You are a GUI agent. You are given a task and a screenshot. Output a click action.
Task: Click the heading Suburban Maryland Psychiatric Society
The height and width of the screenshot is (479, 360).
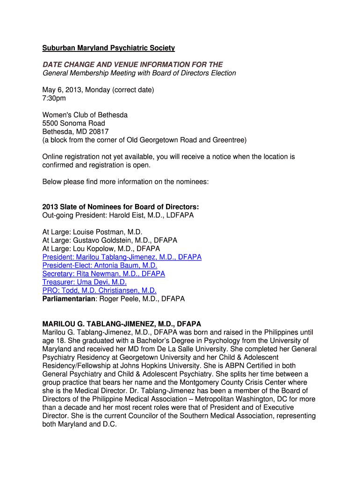click(108, 48)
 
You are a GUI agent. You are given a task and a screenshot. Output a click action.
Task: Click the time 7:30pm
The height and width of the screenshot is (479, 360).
click(54, 98)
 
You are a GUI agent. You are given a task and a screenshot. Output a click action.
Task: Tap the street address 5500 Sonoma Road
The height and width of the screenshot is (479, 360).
click(74, 123)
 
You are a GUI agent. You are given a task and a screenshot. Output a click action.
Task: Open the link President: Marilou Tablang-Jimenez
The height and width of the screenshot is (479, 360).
click(122, 257)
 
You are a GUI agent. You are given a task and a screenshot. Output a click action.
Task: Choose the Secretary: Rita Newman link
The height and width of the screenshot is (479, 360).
click(103, 274)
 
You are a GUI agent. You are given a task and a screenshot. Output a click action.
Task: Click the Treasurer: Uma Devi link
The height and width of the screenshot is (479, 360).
click(84, 282)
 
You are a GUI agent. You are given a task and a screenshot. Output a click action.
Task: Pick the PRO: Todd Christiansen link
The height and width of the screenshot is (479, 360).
click(99, 290)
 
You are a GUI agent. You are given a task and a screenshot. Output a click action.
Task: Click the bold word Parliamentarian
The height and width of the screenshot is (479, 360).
click(69, 298)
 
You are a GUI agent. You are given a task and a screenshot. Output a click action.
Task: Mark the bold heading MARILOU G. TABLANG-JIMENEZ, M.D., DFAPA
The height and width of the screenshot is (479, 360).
click(122, 324)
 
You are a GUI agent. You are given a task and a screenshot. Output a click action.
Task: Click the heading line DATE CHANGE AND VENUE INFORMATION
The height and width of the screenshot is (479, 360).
click(132, 65)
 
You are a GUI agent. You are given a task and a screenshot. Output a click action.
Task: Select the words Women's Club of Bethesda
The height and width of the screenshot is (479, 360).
click(85, 115)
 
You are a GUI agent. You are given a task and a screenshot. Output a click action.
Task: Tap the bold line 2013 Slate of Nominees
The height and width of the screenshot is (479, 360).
click(121, 207)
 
